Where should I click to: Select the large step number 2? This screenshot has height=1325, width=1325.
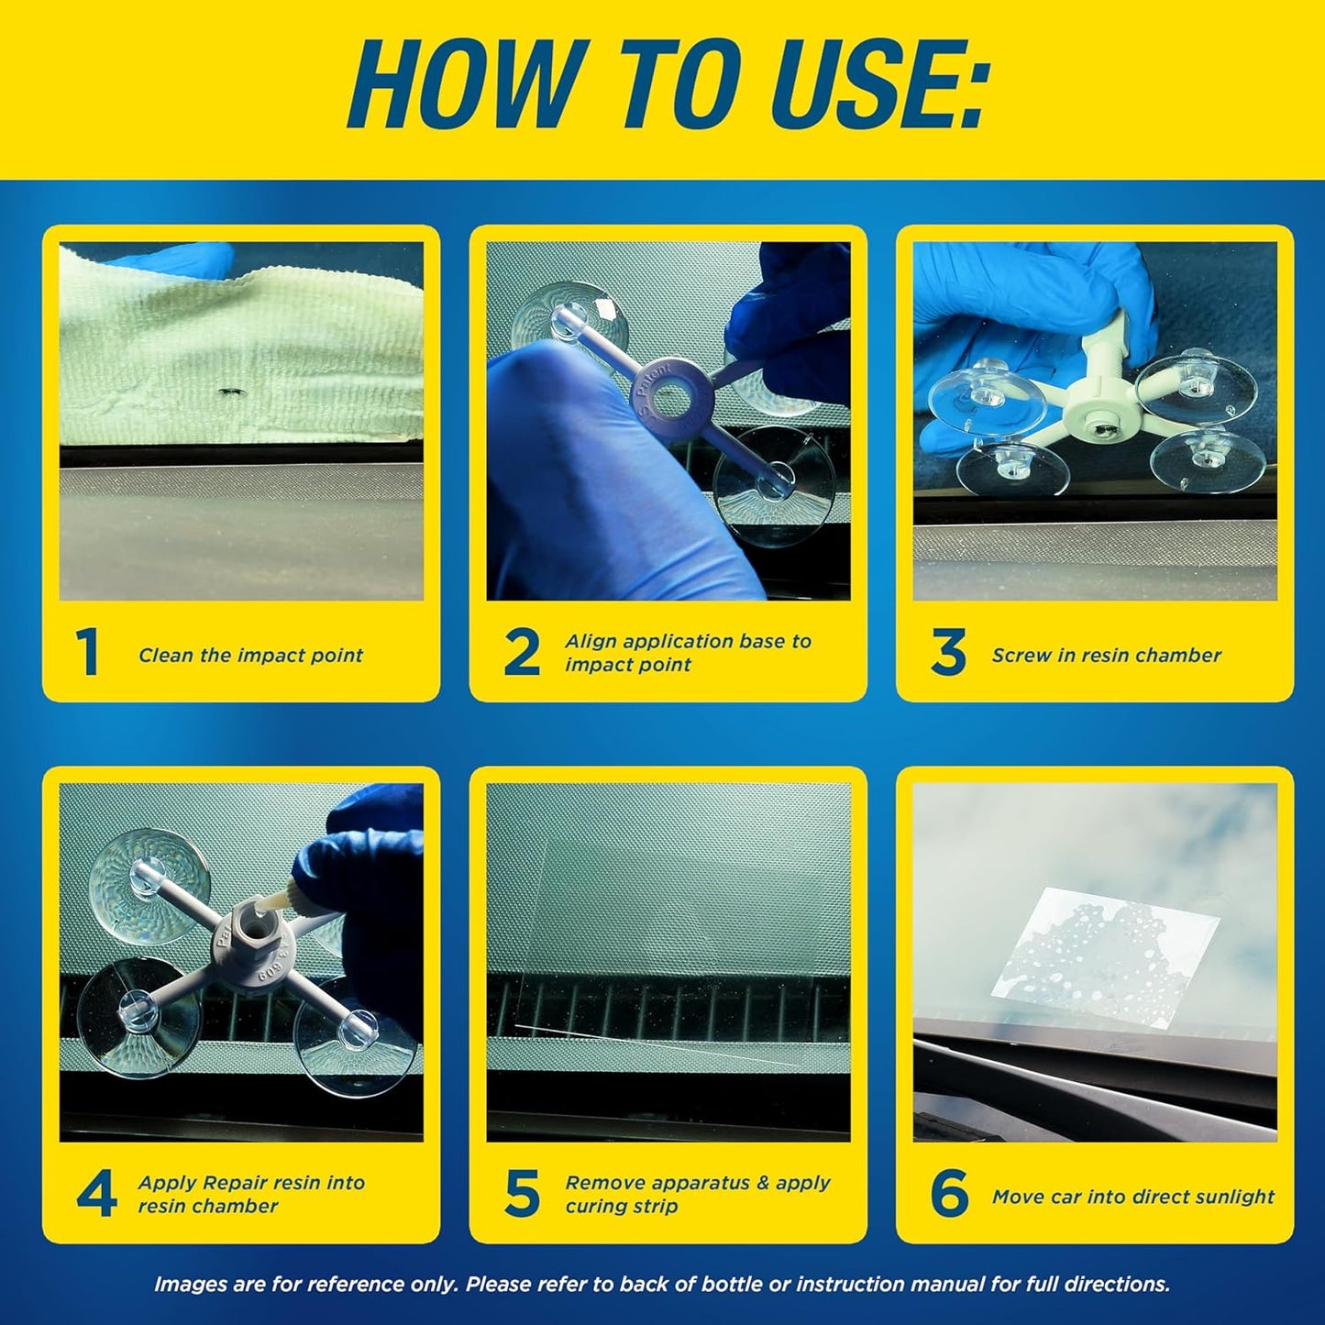(x=521, y=653)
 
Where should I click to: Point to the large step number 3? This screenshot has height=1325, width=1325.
(x=947, y=653)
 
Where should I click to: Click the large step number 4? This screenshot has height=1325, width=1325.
(x=96, y=1194)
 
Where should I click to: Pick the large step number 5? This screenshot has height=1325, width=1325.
(x=522, y=1194)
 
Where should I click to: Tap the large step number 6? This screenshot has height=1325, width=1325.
(x=948, y=1194)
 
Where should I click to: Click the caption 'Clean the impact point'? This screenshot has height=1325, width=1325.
(x=250, y=656)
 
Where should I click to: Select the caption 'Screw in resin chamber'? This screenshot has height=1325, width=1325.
(x=1106, y=656)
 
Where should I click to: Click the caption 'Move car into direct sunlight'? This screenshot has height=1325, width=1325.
(x=1132, y=1197)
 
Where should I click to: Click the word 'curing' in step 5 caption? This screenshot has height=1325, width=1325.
(x=597, y=1207)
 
